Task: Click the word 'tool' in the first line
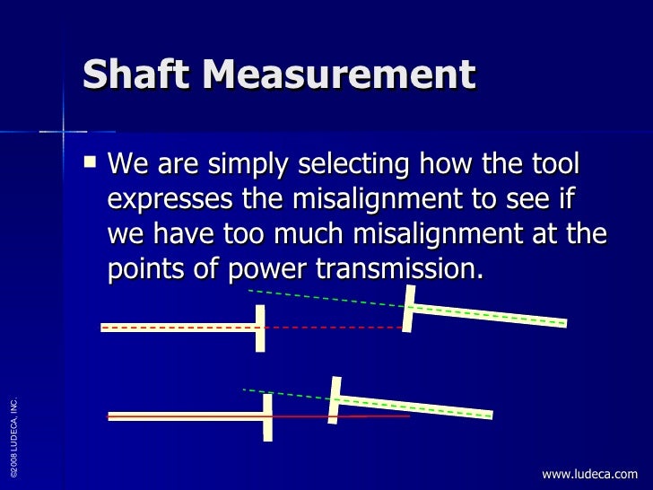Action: (553, 166)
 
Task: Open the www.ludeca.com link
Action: (590, 474)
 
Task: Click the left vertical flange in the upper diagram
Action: (261, 327)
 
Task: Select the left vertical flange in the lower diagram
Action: (267, 417)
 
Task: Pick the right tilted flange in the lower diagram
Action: (335, 399)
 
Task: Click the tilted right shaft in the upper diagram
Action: (489, 315)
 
